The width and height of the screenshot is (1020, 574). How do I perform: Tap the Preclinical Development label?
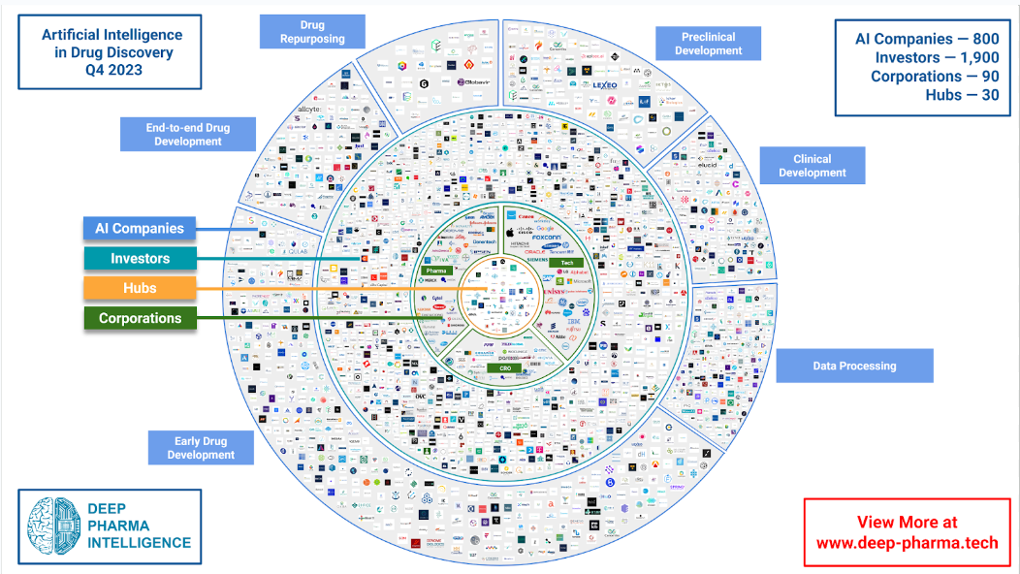point(708,44)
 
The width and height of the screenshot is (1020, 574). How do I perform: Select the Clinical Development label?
point(812,166)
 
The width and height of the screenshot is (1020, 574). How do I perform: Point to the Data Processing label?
point(854,366)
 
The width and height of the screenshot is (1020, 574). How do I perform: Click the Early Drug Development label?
point(201,448)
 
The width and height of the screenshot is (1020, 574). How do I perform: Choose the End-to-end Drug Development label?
point(187,134)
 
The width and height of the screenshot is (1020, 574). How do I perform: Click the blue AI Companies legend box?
point(140,229)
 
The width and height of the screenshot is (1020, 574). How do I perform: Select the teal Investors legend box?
point(140,259)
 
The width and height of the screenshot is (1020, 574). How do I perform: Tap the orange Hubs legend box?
point(140,288)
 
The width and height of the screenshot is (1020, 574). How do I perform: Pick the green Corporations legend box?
point(140,318)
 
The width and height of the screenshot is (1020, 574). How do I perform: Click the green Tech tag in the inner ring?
point(567,263)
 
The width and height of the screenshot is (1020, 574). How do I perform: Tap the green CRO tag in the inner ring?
point(504,367)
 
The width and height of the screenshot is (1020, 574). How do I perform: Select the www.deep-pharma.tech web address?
point(907,543)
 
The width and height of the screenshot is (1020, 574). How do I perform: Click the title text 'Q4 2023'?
point(112,69)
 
